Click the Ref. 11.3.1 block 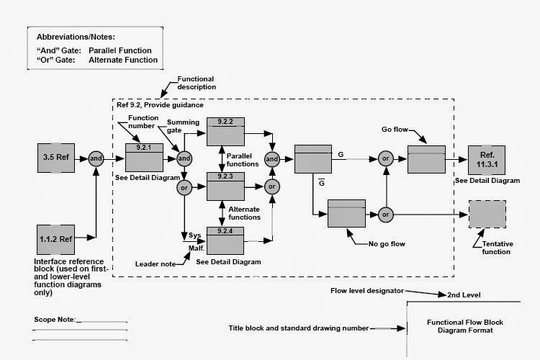tap(487, 159)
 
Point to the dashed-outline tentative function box tap(487, 215)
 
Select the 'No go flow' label tap(386, 244)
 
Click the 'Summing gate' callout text tap(184, 127)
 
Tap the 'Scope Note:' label tap(55, 319)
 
